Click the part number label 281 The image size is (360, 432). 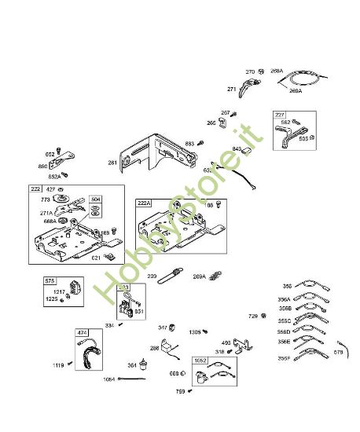tap(112, 163)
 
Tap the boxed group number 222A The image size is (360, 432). tap(144, 202)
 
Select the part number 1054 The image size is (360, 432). tap(108, 379)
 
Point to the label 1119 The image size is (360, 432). tap(58, 364)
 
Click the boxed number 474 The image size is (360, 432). tap(83, 333)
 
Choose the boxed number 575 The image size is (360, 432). tap(50, 280)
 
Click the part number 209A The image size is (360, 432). tap(199, 276)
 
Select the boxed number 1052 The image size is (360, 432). tap(200, 360)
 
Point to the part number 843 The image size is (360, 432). tap(215, 149)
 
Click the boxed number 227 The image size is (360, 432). tap(279, 115)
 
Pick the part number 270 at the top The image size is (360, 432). tap(250, 72)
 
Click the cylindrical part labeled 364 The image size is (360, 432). tap(143, 363)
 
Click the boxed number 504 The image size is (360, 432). tap(95, 200)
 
